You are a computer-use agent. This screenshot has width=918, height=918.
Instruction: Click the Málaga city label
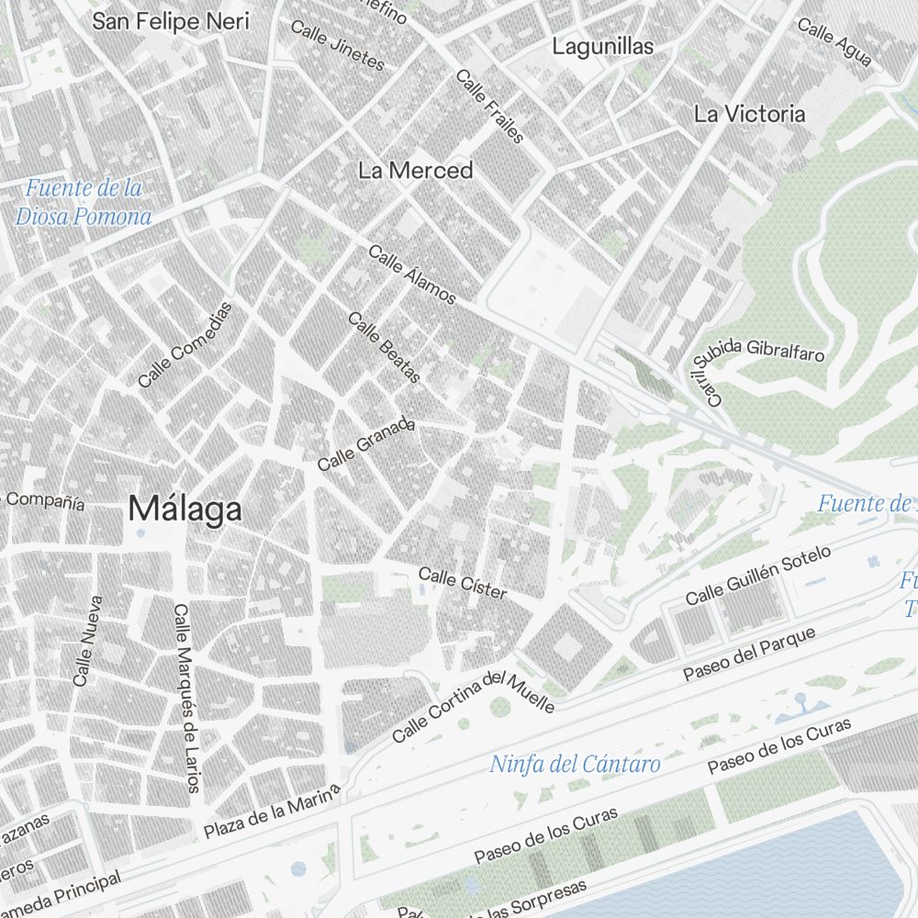(185, 509)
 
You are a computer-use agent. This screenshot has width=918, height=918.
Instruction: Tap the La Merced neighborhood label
(416, 171)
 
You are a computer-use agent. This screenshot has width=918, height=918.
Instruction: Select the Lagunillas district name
(602, 47)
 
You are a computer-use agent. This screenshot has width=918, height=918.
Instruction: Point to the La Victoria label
(749, 115)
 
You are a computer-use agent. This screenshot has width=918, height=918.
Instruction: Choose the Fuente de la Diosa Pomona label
(84, 203)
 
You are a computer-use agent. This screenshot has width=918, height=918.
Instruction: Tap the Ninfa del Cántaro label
(575, 764)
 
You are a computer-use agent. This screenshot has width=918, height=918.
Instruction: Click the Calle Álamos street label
(412, 274)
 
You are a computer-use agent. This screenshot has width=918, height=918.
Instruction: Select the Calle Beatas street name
(385, 348)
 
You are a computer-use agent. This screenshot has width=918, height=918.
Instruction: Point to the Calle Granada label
(366, 446)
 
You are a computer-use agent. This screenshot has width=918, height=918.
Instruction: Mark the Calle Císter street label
(463, 583)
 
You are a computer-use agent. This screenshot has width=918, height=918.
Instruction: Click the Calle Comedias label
(186, 344)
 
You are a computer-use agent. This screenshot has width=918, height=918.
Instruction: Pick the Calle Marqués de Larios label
(186, 698)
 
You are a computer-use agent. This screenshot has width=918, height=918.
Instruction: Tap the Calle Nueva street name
(88, 641)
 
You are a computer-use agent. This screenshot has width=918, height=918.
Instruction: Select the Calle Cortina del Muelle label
(474, 705)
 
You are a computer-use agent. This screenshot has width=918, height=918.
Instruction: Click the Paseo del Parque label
(750, 655)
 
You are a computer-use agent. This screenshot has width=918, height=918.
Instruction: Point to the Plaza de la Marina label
(272, 812)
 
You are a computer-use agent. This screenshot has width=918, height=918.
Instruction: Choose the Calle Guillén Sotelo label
(758, 576)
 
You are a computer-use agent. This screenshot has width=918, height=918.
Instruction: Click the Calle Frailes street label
(490, 106)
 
